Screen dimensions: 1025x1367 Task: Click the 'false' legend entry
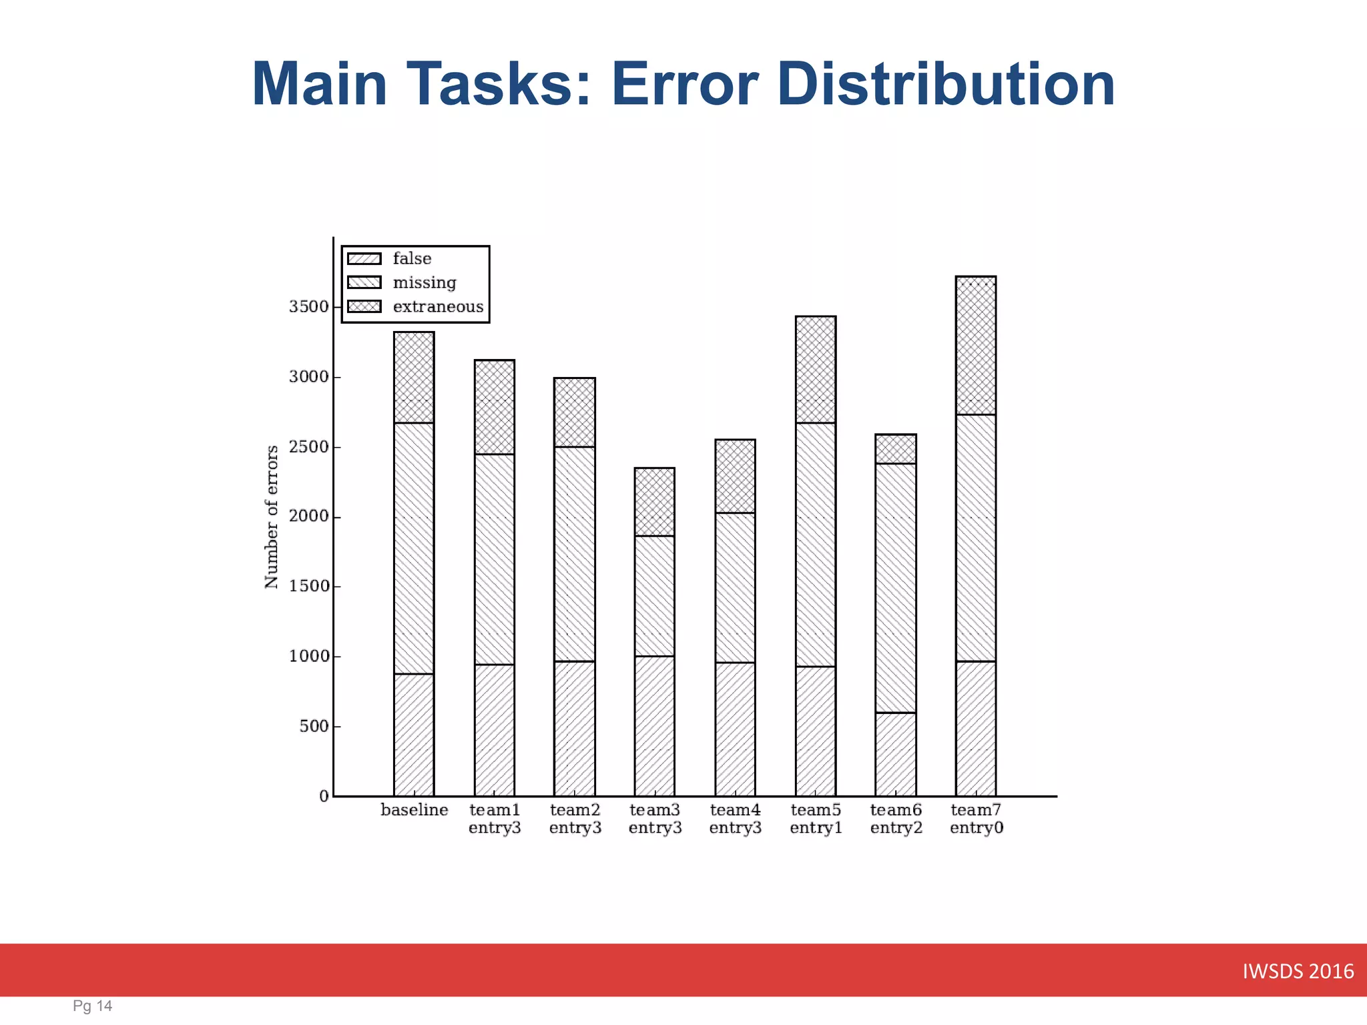click(412, 258)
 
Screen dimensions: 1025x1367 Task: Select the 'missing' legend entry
click(425, 282)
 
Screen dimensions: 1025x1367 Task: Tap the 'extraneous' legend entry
click(438, 306)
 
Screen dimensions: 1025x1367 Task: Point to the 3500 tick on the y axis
click(308, 307)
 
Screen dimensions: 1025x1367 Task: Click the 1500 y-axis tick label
click(308, 586)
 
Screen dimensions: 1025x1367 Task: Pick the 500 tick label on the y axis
click(314, 726)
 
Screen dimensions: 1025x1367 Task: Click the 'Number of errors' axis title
click(271, 517)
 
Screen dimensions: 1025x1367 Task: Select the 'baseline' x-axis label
click(414, 810)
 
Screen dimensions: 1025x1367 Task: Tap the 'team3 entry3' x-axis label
click(655, 819)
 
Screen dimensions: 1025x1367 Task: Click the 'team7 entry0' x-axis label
click(976, 819)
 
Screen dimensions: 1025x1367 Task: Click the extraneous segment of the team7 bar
click(976, 345)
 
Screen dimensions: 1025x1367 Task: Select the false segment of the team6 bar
click(896, 754)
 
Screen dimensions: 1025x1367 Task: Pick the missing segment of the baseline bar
click(414, 548)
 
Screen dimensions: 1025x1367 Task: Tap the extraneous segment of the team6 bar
click(896, 449)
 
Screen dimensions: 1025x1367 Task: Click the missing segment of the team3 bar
click(655, 596)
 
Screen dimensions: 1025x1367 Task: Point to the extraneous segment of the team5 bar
click(816, 369)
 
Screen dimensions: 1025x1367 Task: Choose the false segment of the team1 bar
click(495, 730)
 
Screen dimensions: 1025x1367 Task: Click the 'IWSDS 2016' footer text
click(1298, 971)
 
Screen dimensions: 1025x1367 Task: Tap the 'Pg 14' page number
click(92, 1006)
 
